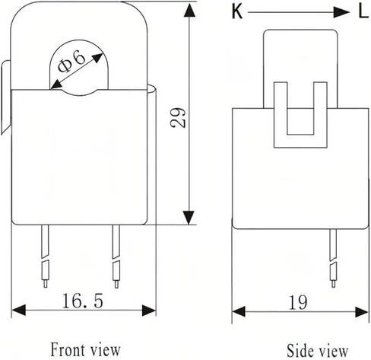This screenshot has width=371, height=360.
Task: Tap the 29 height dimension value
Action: point(178,117)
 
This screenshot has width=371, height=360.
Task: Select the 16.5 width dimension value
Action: point(83,301)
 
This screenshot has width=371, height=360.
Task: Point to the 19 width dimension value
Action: point(298,302)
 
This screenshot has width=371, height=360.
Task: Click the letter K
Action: point(237,11)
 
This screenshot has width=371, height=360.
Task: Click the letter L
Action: point(363,11)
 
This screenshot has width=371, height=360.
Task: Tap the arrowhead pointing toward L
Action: point(341,12)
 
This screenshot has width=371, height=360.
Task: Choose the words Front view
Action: point(85,349)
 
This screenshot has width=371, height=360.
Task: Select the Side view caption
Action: point(317,351)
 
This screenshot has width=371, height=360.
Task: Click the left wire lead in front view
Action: point(45,256)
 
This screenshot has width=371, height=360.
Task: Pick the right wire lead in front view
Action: point(116,256)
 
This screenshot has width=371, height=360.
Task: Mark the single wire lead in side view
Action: point(333,258)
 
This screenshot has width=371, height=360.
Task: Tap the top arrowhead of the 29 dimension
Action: point(189,11)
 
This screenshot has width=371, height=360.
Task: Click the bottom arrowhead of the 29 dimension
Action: point(189,217)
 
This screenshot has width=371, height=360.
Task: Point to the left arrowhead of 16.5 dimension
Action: point(19,311)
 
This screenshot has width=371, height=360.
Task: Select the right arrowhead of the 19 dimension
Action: point(362,312)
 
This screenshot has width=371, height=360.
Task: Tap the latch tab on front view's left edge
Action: point(6,97)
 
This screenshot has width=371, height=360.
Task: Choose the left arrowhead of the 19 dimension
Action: point(239,311)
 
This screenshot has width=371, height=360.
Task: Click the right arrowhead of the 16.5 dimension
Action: point(149,311)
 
